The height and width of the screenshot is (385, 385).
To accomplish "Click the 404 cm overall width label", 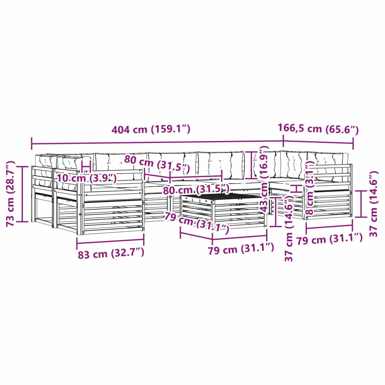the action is coord(151,129).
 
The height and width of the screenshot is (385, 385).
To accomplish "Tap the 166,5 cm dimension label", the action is coord(318,129).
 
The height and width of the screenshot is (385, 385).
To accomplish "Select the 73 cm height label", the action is coord(11,194).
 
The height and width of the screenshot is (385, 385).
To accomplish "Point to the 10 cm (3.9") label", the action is coord(87,177).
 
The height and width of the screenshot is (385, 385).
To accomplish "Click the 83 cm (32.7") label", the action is coord(111,253).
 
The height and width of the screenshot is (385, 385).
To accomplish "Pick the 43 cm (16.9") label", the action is coord(264,179).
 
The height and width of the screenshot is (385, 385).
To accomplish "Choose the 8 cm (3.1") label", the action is coord(310,188).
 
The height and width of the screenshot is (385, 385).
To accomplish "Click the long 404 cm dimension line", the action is coord(158,143).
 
